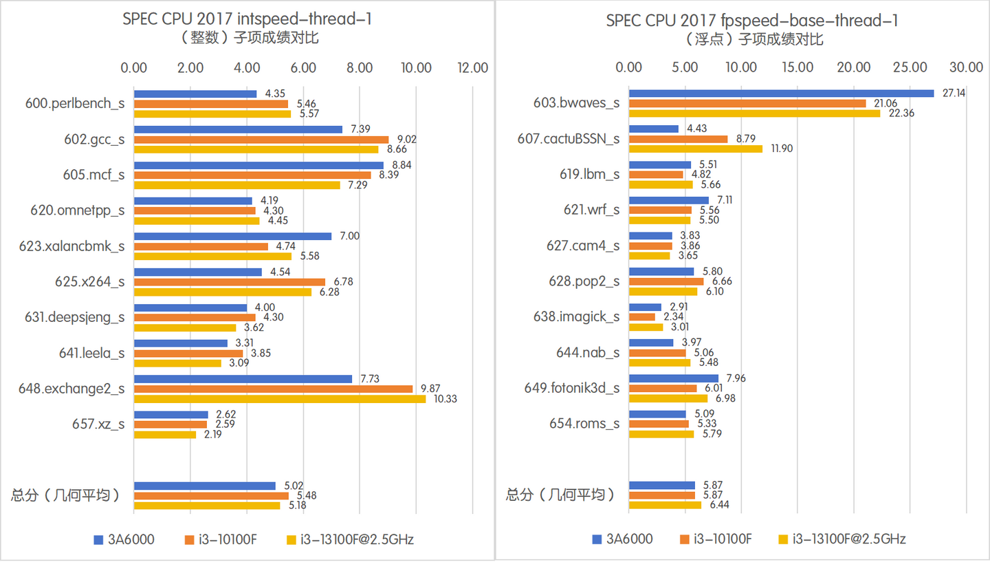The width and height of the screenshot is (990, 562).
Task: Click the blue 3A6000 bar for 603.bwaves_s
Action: pyautogui.click(x=781, y=93)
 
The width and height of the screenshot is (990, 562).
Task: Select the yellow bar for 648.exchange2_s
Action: pyautogui.click(x=279, y=399)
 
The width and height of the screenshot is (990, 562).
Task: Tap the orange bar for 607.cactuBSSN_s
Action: pyautogui.click(x=678, y=139)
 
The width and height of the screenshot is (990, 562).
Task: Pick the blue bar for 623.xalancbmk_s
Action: pyautogui.click(x=232, y=236)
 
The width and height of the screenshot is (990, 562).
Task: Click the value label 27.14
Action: pyautogui.click(x=954, y=93)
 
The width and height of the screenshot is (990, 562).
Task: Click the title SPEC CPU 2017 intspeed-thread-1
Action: pyautogui.click(x=247, y=19)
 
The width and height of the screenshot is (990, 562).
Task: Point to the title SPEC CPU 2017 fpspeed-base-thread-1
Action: pyautogui.click(x=752, y=20)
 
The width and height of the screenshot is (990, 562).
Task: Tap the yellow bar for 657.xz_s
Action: pyautogui.click(x=164, y=435)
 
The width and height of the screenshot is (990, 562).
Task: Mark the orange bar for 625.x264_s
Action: pyautogui.click(x=229, y=282)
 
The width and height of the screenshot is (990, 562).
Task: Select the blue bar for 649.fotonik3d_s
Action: pyautogui.click(x=673, y=378)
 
